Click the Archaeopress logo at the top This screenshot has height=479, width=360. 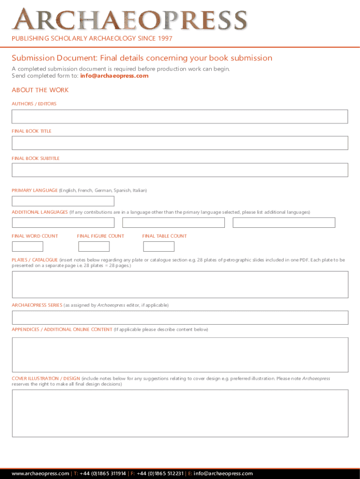(x=130, y=20)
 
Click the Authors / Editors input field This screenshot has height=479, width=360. (x=180, y=116)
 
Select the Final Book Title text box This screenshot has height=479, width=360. (x=180, y=143)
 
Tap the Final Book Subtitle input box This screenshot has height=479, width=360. (x=180, y=170)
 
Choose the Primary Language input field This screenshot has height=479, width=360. (x=63, y=201)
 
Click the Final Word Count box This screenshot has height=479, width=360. (x=27, y=247)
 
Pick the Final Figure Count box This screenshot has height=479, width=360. (x=94, y=247)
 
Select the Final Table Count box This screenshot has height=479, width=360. (x=158, y=247)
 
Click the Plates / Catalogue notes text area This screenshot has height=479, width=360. (x=180, y=284)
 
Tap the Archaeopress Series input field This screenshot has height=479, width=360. (x=180, y=318)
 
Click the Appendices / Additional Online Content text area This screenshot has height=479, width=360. (x=180, y=355)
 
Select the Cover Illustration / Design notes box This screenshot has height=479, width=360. (x=180, y=413)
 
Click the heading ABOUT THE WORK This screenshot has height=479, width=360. (x=40, y=90)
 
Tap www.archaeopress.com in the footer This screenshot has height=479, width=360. (x=40, y=473)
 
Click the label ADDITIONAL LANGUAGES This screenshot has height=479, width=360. (x=40, y=212)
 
